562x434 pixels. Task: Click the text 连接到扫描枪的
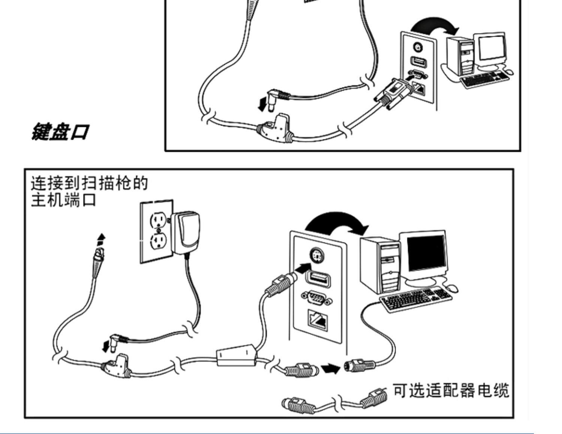pyautogui.click(x=89, y=183)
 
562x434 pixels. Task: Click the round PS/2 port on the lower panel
pyautogui.click(x=318, y=257)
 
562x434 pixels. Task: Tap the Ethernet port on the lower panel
pyautogui.click(x=317, y=319)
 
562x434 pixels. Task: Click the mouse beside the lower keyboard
pyautogui.click(x=451, y=288)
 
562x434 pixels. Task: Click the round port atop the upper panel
pyautogui.click(x=417, y=47)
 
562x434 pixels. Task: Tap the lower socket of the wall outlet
pyautogui.click(x=157, y=242)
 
